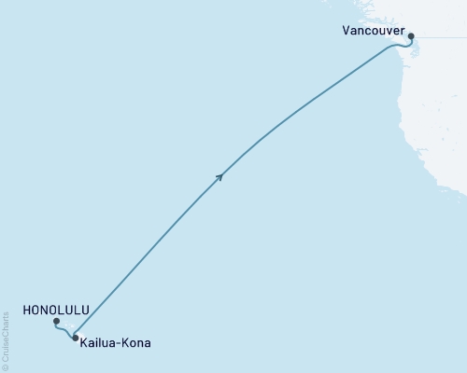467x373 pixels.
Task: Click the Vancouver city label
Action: (374, 31)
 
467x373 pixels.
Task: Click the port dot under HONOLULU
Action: (57, 322)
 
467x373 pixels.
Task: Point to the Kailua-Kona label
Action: (115, 343)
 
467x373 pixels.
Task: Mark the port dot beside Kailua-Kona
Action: (75, 338)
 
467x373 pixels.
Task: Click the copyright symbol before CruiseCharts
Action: (6, 368)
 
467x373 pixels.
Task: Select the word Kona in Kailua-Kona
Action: (134, 343)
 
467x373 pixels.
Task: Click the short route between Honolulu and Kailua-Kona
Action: (64, 330)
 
